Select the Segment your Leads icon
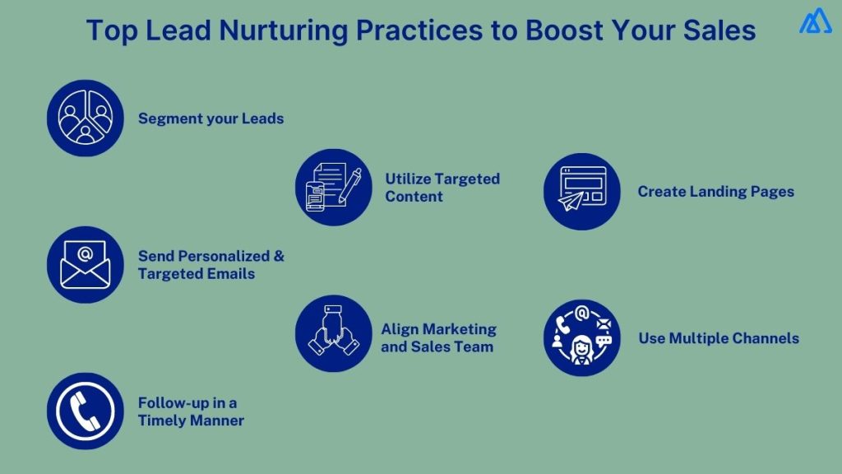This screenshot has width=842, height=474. point(85,118)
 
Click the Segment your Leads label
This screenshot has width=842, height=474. point(210,118)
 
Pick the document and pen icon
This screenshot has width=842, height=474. point(333,187)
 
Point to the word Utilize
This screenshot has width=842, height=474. point(408,179)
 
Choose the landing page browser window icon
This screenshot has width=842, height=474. point(581,191)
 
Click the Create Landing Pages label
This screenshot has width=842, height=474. point(715,192)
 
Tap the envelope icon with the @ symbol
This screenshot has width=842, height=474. point(85,264)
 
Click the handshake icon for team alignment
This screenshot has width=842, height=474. point(333,333)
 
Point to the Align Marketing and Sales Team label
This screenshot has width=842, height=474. point(438,337)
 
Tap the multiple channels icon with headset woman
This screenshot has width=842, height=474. point(581,337)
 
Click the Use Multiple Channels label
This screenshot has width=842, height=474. point(718,338)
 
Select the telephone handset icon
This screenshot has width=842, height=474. point(85,411)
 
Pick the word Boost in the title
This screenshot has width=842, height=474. point(562,30)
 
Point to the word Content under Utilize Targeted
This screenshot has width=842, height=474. point(414,197)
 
